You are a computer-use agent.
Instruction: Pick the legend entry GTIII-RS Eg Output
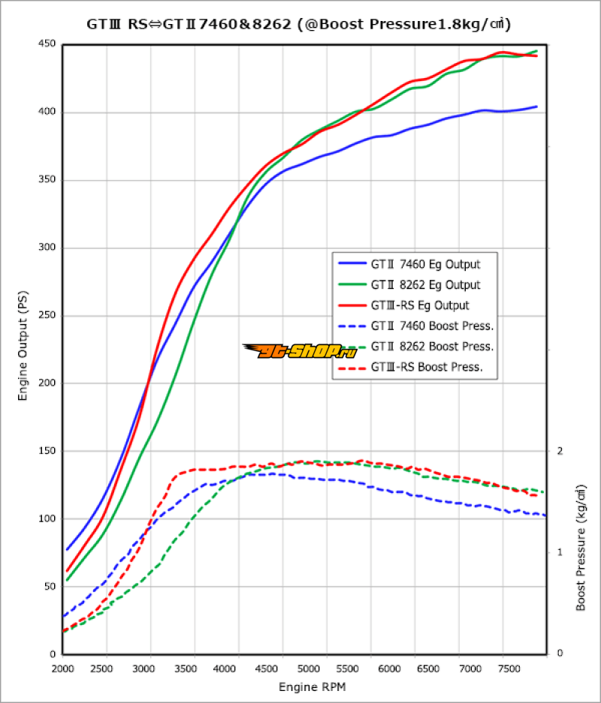click(x=420, y=305)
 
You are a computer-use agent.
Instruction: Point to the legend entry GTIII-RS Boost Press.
click(x=426, y=368)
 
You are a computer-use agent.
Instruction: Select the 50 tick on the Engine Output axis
click(x=49, y=586)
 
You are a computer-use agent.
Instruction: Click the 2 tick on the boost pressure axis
click(x=560, y=451)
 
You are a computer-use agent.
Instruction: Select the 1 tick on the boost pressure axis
click(x=560, y=552)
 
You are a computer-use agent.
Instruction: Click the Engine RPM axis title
click(x=313, y=686)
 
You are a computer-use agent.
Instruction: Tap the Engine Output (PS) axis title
click(x=23, y=350)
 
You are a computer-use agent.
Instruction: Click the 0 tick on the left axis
click(x=52, y=653)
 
